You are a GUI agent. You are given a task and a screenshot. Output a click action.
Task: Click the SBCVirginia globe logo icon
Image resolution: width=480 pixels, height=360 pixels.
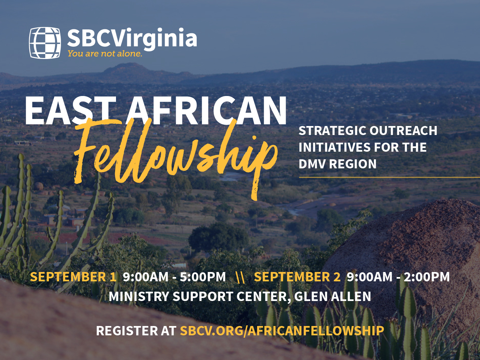[x=45, y=43]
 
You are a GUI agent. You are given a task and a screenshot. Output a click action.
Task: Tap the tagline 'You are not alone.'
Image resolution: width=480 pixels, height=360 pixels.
[x=105, y=54]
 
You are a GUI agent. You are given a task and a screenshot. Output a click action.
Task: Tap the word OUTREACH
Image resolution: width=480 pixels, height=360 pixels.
[x=403, y=131]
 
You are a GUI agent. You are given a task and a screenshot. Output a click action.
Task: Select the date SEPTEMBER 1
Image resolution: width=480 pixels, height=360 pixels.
[x=73, y=277]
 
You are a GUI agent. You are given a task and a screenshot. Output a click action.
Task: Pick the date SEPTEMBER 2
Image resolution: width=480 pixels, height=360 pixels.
[x=297, y=277]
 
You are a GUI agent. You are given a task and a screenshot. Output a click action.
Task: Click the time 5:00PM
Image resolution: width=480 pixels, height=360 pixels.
[x=203, y=277]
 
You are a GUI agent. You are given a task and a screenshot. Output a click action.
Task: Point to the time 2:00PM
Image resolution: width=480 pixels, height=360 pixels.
[x=427, y=277]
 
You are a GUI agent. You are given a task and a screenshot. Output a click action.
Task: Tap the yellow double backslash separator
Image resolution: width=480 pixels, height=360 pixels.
[x=240, y=277]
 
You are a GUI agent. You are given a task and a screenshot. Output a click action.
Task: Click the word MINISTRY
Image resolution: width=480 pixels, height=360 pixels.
[x=139, y=296]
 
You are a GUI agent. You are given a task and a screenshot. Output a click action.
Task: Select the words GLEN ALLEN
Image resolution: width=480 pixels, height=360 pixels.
[x=333, y=296]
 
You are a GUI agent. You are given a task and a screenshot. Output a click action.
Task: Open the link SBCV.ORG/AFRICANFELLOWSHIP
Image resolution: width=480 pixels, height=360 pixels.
[x=282, y=330]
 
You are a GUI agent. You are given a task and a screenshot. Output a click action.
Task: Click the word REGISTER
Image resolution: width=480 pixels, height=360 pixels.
[x=127, y=330]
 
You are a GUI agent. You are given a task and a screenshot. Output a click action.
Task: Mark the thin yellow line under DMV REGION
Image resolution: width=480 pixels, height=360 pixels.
[x=389, y=177]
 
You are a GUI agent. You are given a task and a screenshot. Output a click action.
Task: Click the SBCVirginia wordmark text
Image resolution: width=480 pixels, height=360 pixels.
[x=132, y=39]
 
